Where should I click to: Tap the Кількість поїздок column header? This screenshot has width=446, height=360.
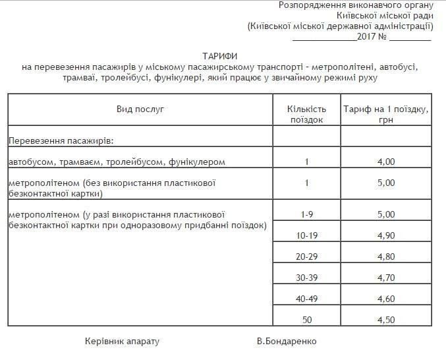307,114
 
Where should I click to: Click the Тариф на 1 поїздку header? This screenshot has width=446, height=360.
386,114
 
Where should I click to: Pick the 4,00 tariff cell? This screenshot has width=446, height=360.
386,162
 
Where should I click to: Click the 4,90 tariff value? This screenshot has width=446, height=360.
386,235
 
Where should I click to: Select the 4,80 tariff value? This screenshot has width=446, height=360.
386,256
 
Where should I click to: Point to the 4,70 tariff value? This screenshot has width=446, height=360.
386,277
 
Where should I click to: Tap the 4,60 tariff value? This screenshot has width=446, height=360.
386,298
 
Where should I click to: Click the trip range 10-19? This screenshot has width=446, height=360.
307,235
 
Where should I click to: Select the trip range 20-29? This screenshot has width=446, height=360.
307,256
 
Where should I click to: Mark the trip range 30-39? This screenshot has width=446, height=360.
307,277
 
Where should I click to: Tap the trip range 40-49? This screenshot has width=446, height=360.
307,298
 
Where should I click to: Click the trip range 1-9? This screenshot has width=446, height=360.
307,214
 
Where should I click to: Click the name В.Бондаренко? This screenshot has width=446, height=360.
287,342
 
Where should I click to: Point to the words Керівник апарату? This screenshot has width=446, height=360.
122,342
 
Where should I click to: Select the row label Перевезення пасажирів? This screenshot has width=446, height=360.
61,140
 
